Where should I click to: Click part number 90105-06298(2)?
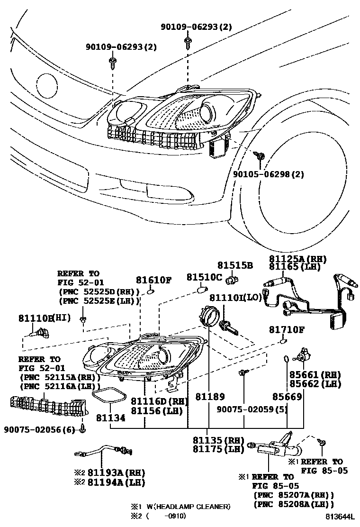[x=268, y=174]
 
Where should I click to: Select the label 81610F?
[x=153, y=280]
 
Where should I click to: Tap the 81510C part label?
[x=204, y=277]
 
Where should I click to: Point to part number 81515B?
[x=235, y=265]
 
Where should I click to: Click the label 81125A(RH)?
[x=298, y=259]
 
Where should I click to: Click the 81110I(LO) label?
[x=236, y=297]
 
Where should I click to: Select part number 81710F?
[x=287, y=329]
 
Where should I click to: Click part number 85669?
[x=287, y=397]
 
